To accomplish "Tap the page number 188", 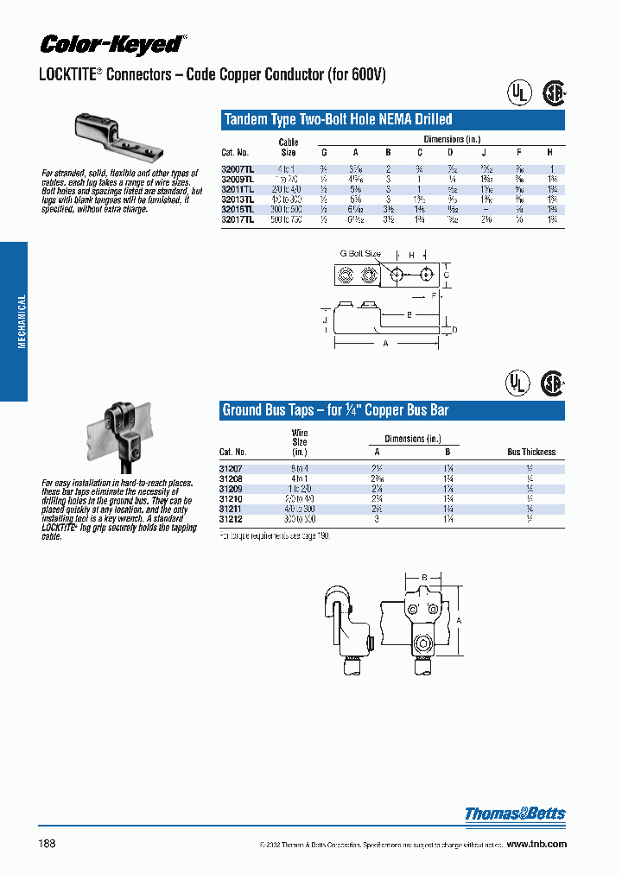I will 47,843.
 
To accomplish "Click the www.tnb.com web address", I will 536,844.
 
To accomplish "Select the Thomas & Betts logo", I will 515,814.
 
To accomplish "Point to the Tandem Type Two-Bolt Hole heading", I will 338,120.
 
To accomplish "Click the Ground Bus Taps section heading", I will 335,410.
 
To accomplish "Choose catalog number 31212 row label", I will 232,520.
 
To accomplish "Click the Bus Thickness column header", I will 530,452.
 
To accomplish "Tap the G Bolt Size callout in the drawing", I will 359,254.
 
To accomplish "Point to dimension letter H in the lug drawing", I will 411,255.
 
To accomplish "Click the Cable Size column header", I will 288,147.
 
